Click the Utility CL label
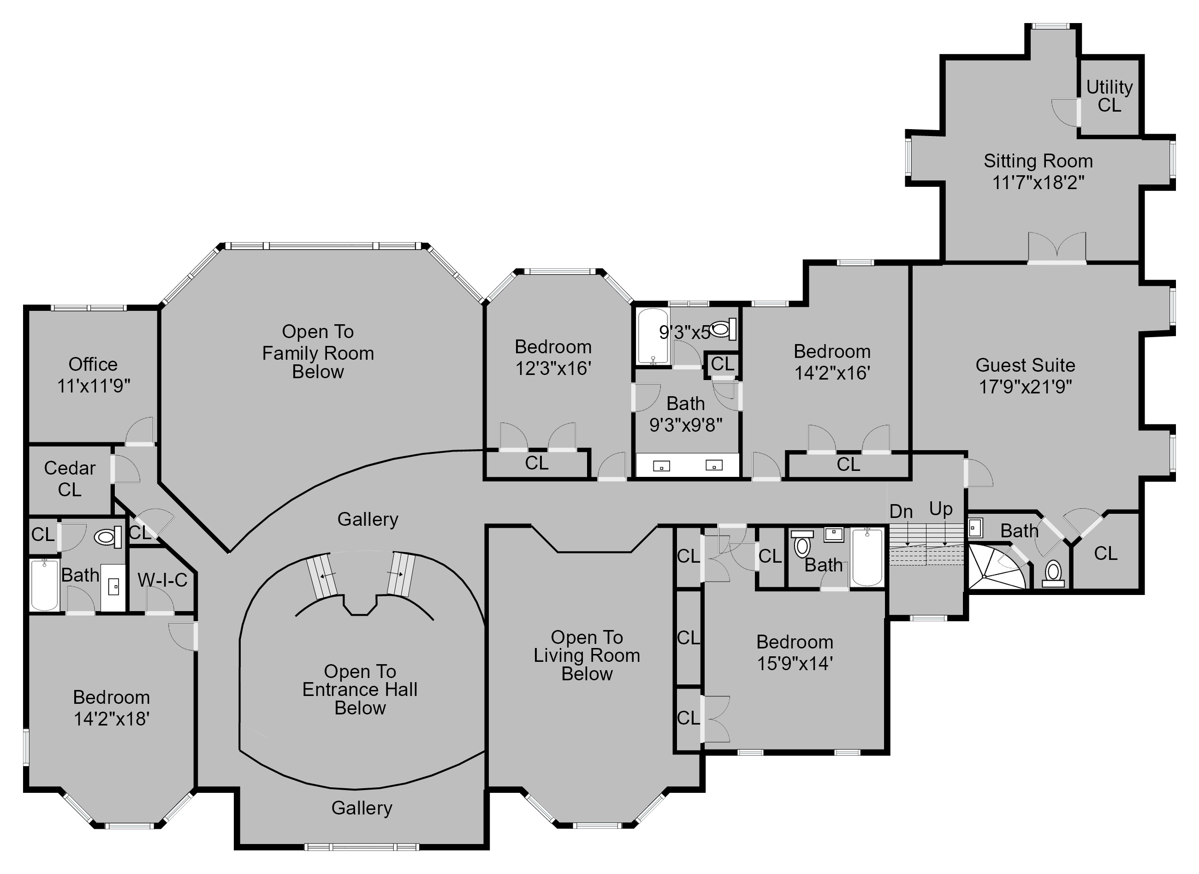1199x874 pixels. point(1109,96)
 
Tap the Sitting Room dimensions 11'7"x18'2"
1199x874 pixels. point(1038,183)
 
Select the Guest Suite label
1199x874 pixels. point(1025,365)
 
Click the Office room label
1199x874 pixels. point(93,364)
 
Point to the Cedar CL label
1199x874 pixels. point(69,478)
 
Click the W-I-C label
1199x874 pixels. point(162,580)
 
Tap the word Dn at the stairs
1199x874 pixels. point(901,511)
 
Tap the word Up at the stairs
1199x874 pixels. point(941,509)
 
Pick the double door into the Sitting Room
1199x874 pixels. point(1057,249)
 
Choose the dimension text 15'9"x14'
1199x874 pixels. point(795,663)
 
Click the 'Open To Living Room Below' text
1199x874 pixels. point(587,655)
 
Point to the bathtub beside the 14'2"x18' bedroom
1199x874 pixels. point(44,585)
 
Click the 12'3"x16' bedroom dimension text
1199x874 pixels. point(553,368)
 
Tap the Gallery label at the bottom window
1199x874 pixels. point(362,808)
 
